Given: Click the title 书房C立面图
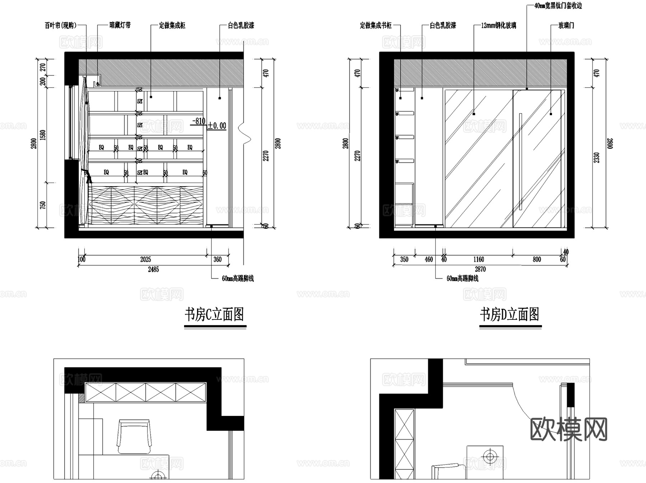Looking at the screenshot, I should click(215, 314).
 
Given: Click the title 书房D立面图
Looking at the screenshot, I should click(510, 314).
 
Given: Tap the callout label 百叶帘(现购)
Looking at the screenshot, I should click(61, 25).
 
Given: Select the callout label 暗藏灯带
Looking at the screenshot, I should click(120, 25).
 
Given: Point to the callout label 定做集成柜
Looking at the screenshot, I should click(172, 25).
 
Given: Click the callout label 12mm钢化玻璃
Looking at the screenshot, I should click(498, 25).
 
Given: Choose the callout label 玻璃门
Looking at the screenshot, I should click(566, 25).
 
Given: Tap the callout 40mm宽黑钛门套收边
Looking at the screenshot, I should click(558, 6).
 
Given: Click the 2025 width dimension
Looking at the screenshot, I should click(145, 259).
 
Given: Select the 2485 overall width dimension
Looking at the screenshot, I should click(153, 269).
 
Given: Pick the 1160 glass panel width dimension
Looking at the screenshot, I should click(478, 259).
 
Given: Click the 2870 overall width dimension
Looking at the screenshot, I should click(480, 269).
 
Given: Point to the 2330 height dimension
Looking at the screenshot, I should click(596, 158).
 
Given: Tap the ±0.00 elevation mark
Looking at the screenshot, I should click(217, 126).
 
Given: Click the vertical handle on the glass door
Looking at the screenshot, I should click(520, 161).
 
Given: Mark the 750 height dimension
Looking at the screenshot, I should click(43, 205).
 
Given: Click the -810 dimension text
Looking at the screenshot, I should click(198, 121).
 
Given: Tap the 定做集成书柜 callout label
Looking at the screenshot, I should click(375, 25).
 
